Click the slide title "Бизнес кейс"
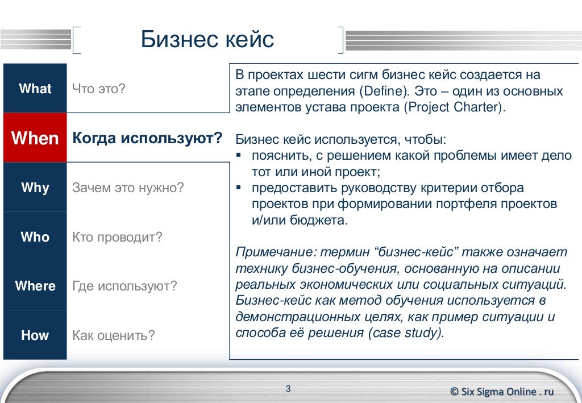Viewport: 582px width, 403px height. (x=207, y=40)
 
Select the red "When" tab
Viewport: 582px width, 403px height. (x=35, y=138)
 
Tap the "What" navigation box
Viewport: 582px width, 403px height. (x=35, y=89)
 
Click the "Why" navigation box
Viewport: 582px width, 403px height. (x=35, y=188)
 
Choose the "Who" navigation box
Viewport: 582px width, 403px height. (x=35, y=237)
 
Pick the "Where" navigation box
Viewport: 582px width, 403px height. (x=35, y=286)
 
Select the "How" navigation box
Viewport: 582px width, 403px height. (x=35, y=335)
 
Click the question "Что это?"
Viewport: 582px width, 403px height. (x=98, y=89)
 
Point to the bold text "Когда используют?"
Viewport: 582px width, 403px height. (x=147, y=139)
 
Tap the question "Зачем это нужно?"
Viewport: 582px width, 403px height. (x=128, y=188)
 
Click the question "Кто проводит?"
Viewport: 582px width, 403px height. (x=117, y=237)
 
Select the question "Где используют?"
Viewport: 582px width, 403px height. (x=124, y=286)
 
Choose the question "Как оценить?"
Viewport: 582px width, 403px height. (x=113, y=335)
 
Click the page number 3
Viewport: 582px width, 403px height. (x=288, y=389)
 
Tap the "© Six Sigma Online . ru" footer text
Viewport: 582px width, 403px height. (x=501, y=391)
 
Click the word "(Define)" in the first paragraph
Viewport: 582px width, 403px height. (x=384, y=92)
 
